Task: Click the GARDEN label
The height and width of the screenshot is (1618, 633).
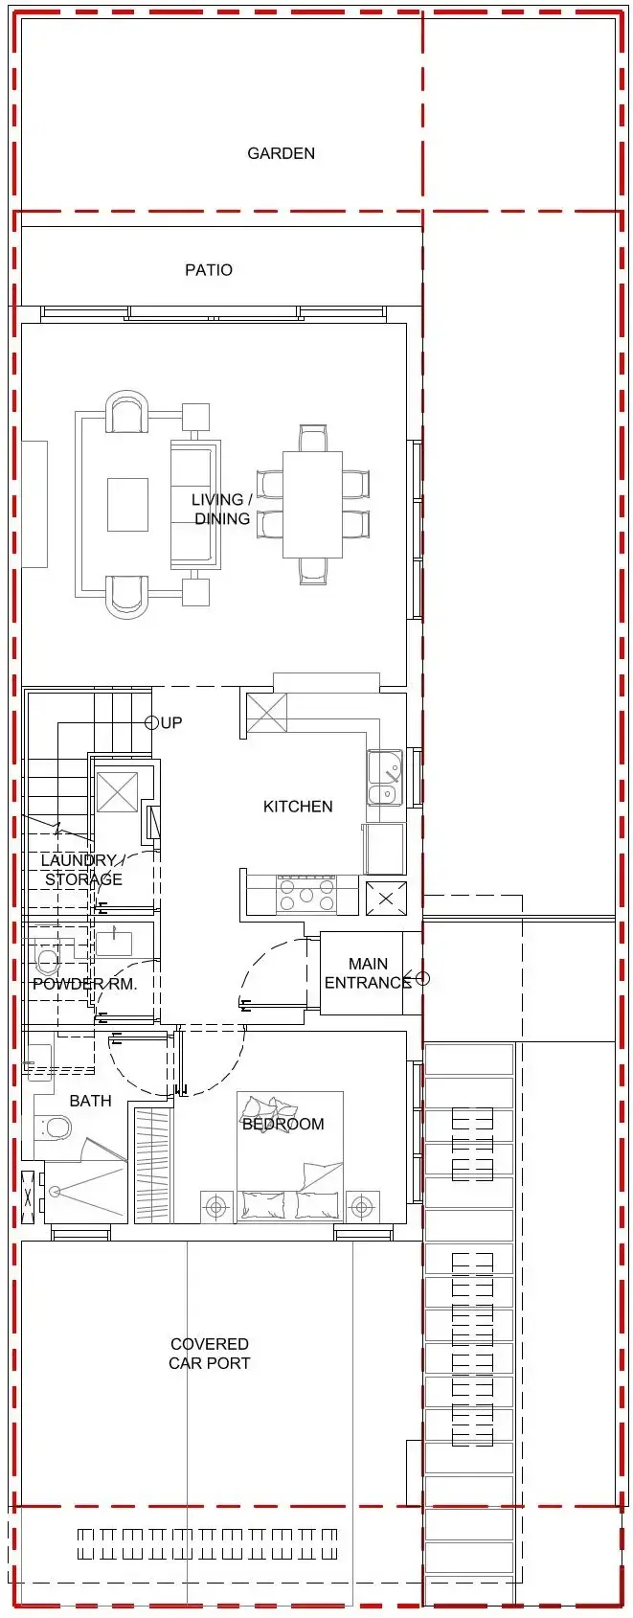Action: coord(281,153)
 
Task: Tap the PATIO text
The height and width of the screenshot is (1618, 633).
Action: coord(209,270)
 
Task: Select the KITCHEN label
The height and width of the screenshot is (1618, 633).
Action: coord(298,807)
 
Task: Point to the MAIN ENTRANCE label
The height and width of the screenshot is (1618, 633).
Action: coord(368,973)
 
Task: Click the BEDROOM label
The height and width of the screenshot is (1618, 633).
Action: coord(283,1124)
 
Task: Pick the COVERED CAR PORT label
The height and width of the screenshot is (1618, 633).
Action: coord(210,1354)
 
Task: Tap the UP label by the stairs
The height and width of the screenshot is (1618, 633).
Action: coord(171,722)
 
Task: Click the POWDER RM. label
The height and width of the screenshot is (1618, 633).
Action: coord(84,984)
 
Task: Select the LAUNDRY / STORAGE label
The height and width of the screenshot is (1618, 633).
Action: coord(83,870)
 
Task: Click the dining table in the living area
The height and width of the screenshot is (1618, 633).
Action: coord(312,505)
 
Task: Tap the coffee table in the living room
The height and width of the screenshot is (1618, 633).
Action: coord(127,505)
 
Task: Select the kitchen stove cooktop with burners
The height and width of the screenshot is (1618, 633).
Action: coord(305,896)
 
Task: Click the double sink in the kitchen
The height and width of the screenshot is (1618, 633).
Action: coord(383,779)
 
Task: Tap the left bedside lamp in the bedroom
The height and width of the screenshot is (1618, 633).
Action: coord(217,1206)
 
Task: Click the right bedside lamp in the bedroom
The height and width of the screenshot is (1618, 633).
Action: coord(362,1206)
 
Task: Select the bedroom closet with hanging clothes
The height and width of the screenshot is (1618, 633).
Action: coord(152,1165)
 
